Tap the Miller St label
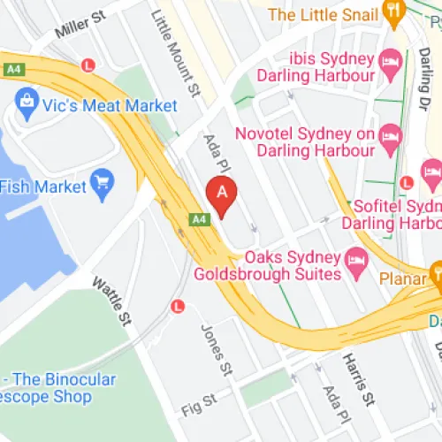[x=80, y=26]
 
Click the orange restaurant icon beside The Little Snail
[x=395, y=14]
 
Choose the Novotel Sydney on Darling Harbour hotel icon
[x=390, y=135]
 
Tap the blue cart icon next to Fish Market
[x=104, y=186]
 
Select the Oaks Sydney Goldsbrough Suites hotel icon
[x=355, y=260]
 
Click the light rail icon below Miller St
[x=88, y=65]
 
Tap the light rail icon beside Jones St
[x=177, y=306]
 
